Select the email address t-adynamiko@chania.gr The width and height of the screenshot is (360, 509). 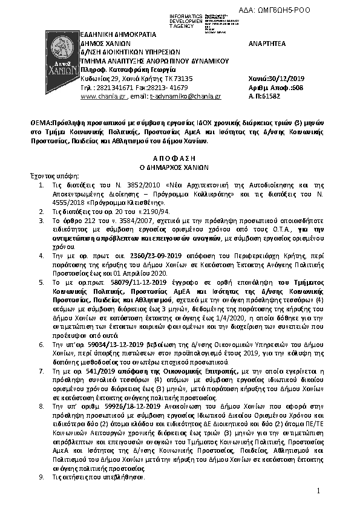tap(185, 96)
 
